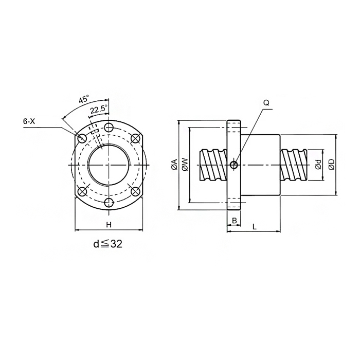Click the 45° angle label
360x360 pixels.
click(x=84, y=100)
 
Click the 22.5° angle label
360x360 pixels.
click(x=99, y=110)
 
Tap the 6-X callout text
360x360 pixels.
click(x=29, y=121)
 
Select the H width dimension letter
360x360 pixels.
click(x=109, y=225)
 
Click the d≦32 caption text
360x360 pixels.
click(x=107, y=244)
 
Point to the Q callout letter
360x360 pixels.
click(x=266, y=103)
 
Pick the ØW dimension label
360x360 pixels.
click(x=185, y=165)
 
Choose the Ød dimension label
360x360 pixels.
click(x=318, y=165)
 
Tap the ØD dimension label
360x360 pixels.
click(x=332, y=165)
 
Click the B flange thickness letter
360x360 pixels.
click(x=234, y=221)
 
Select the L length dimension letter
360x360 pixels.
click(x=255, y=227)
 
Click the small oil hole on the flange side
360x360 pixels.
click(x=234, y=165)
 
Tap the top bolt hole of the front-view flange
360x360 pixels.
click(x=109, y=127)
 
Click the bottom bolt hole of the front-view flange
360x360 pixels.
click(x=109, y=203)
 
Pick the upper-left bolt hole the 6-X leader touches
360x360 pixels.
click(x=82, y=138)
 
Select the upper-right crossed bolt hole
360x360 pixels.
click(x=136, y=138)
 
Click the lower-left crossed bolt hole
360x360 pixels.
click(x=82, y=191)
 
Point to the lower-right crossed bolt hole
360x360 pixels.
click(x=136, y=191)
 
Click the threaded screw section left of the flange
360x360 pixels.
click(x=213, y=165)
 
